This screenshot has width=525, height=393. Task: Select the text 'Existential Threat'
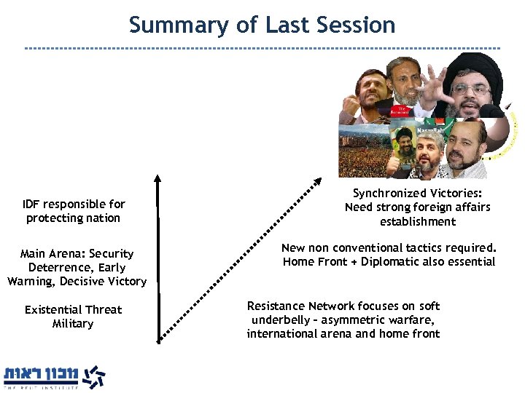pyautogui.click(x=73, y=310)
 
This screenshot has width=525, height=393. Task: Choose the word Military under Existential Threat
pyautogui.click(x=73, y=324)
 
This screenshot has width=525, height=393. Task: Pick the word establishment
pyautogui.click(x=418, y=222)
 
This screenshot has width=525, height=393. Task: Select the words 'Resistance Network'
pyautogui.click(x=300, y=306)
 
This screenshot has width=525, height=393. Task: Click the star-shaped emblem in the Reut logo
pyautogui.click(x=93, y=377)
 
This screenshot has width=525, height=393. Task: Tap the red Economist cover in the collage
pyautogui.click(x=422, y=109)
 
